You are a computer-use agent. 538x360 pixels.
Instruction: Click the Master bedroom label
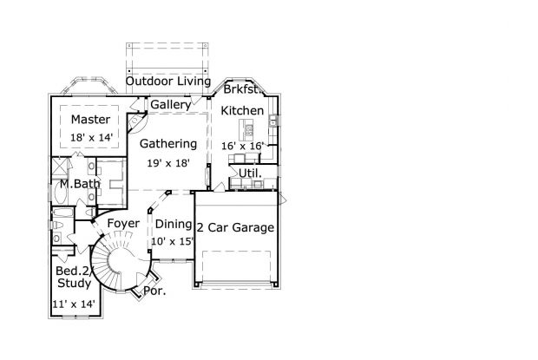coord(90,120)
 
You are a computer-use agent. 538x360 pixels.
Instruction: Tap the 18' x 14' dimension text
coord(91,137)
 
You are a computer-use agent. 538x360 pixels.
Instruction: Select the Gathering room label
coord(168,144)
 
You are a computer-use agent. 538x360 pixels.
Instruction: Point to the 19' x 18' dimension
coord(168,163)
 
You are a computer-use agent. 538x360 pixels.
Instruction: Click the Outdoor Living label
coord(168,82)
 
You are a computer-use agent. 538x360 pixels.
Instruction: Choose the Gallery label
coord(171,105)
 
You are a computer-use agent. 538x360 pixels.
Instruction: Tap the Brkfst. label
coord(241,89)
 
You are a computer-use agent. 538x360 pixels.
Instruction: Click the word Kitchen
coord(242,110)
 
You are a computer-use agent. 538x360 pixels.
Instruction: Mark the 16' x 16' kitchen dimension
coord(242,146)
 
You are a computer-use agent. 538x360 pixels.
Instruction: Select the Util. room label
coord(250,173)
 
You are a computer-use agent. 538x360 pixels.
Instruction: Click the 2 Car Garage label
coord(236,227)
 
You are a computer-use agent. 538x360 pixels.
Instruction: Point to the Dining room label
coord(174,224)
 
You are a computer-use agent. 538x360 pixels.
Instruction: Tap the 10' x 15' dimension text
coord(173,241)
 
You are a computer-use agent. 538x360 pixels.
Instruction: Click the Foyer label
coord(123,224)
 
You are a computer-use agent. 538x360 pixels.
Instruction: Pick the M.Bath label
coord(80,184)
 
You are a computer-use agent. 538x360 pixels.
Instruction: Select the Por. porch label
coord(154,291)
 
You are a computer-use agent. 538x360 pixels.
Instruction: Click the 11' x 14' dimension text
coord(74,304)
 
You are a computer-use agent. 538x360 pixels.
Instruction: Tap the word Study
coord(74,283)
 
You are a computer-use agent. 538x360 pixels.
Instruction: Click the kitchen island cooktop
coord(249,130)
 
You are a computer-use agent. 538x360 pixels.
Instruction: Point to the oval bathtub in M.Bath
coord(57,194)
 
